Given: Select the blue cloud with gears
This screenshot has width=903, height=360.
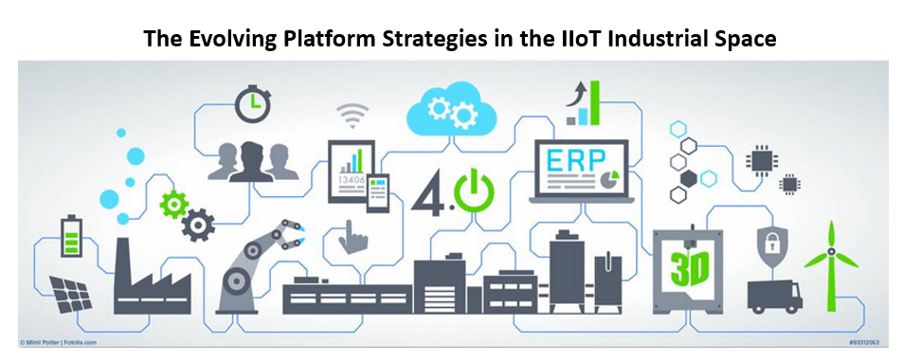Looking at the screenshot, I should click(450, 108).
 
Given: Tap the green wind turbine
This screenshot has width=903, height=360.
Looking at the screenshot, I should click(830, 264).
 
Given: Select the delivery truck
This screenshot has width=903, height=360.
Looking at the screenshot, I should click(774, 295).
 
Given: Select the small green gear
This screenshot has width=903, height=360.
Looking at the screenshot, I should click(173, 203).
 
